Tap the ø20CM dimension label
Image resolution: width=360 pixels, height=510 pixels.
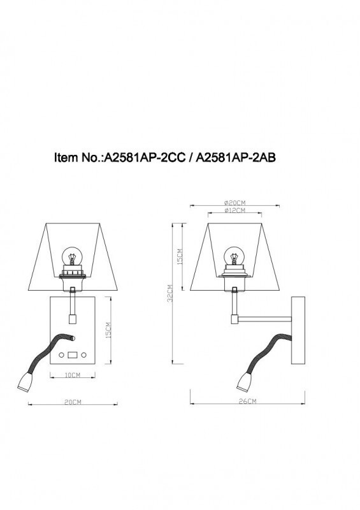pos(235,203)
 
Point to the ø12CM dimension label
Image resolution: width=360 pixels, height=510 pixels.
pos(235,210)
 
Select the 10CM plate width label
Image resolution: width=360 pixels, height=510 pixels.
pos(72,375)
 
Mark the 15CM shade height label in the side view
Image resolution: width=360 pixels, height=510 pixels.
pos(180,256)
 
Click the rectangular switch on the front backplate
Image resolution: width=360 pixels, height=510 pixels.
pos(72,354)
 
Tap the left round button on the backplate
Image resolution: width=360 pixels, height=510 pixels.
pos(61,354)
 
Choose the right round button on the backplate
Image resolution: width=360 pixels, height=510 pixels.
pos(83,354)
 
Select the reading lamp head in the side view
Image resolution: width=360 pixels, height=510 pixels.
pos(245,382)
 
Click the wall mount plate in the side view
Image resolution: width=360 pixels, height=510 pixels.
pos(298,331)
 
